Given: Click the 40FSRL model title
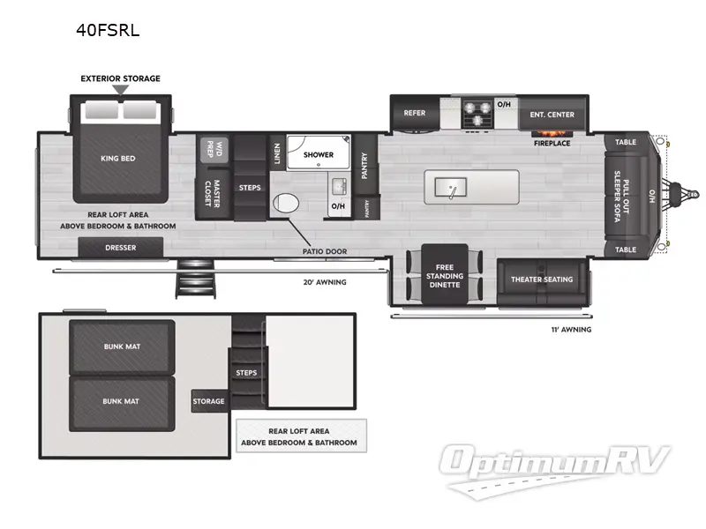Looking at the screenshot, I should point(109,30).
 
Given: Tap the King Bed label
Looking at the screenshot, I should point(116,159).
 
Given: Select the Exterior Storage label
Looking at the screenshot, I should point(121,78).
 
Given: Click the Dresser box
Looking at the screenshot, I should point(121,249).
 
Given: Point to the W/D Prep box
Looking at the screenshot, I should point(212,147).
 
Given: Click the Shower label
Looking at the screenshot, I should point(319,155).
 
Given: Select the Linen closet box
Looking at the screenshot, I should point(276,153).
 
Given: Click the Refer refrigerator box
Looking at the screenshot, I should point(415,114).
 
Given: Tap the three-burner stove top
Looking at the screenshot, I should point(477,114).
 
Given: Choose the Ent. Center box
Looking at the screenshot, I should point(552,114).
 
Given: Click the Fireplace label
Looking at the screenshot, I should point(552,143).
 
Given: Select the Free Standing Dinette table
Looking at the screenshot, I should point(446,274).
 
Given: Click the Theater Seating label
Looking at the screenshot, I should point(542,279).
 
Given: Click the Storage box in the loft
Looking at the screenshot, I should point(209,401).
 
